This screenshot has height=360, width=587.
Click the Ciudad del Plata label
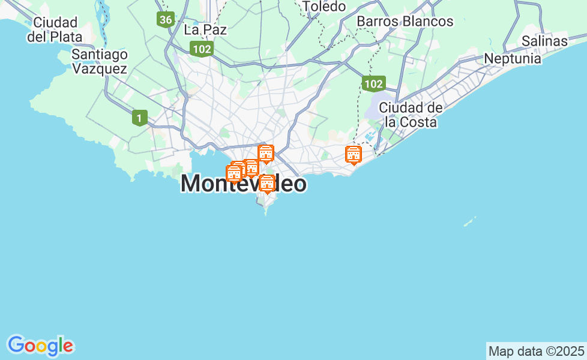tap(55, 29)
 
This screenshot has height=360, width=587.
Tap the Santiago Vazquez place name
tap(100, 61)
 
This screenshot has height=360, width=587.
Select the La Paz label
tap(205, 29)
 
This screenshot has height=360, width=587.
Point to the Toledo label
tap(324, 7)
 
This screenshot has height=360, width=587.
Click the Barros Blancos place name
tap(405, 22)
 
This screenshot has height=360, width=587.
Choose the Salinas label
tap(544, 41)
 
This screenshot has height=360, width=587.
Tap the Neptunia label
tap(513, 59)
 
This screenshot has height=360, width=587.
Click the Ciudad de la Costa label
tap(411, 115)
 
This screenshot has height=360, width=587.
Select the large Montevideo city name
tap(243, 184)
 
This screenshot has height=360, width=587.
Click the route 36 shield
tap(166, 20)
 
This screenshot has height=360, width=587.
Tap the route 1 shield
tap(139, 118)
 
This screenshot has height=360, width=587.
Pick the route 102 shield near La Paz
tap(201, 49)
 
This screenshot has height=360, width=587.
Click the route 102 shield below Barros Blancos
tap(373, 83)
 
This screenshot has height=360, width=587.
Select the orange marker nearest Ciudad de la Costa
tap(354, 155)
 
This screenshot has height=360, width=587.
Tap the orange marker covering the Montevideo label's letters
tap(267, 183)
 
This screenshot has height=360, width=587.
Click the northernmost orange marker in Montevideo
tap(265, 153)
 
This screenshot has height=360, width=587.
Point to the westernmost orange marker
tap(233, 173)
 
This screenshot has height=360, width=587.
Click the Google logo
tap(40, 346)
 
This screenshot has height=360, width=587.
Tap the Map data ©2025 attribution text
tap(536, 351)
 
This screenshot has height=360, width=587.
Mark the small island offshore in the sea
tap(469, 222)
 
